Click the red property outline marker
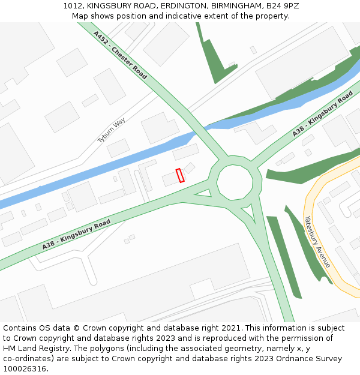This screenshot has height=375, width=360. pyautogui.click(x=180, y=175)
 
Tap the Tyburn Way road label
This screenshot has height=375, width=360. pyautogui.click(x=112, y=130)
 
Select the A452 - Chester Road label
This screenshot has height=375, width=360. pyautogui.click(x=120, y=55)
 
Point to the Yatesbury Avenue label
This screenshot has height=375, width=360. pyautogui.click(x=317, y=241)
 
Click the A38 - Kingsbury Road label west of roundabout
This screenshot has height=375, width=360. pyautogui.click(x=76, y=235)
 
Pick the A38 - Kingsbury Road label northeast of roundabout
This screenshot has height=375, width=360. pyautogui.click(x=323, y=114)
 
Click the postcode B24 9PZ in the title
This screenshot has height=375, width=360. pyautogui.click(x=281, y=6)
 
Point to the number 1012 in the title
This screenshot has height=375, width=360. pyautogui.click(x=72, y=6)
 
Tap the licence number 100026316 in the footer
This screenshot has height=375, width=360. pyautogui.click(x=24, y=368)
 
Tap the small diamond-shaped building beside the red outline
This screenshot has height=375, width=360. pyautogui.click(x=190, y=167)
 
